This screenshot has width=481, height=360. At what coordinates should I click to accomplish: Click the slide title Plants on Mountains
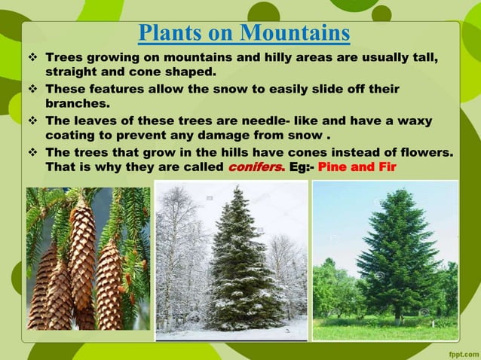tap(244, 34)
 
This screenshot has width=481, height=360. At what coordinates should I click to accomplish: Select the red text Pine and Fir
tap(358, 166)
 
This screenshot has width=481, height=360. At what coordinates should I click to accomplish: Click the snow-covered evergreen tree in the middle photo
tap(235, 264)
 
